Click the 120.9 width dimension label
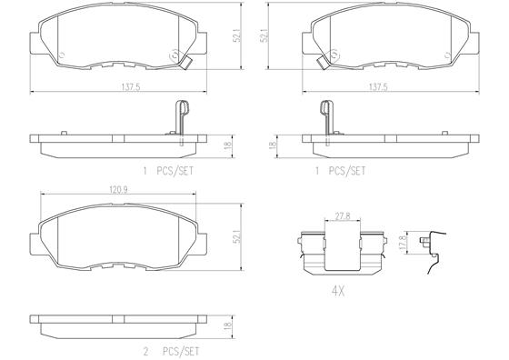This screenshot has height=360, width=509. pyautogui.click(x=118, y=190)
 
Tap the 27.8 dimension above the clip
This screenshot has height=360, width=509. pyautogui.click(x=343, y=216)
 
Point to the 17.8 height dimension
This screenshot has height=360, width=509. pyautogui.click(x=403, y=242)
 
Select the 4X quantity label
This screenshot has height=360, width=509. pyautogui.click(x=337, y=291)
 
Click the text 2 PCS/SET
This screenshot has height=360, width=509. pyautogui.click(x=172, y=351)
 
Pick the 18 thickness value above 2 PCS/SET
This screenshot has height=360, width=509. pyautogui.click(x=228, y=325)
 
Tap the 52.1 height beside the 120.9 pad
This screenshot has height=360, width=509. pyautogui.click(x=237, y=237)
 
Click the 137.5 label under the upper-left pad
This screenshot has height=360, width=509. pyautogui.click(x=131, y=87)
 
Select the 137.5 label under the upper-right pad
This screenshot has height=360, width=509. pyautogui.click(x=378, y=87)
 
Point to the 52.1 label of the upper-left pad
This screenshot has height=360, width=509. pyautogui.click(x=237, y=35)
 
